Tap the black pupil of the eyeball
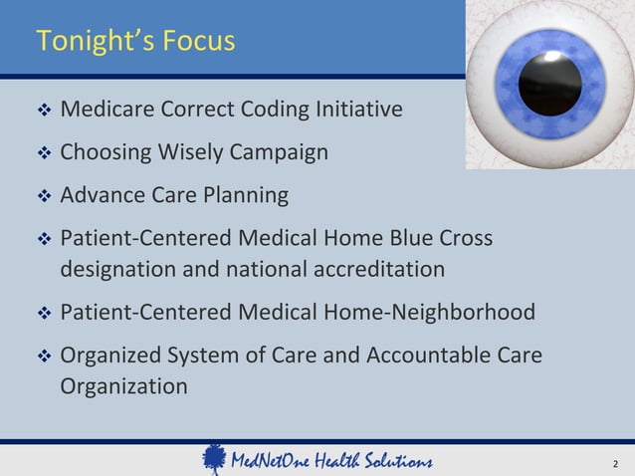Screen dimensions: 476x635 pyautogui.click(x=549, y=83)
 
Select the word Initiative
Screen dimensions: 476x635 pyautogui.click(x=362, y=109)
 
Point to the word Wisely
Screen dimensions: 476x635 pyautogui.click(x=198, y=152)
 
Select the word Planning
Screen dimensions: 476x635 pyautogui.click(x=240, y=196)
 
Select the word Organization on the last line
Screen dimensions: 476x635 pyautogui.click(x=123, y=385)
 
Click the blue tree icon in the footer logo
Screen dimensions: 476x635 pyautogui.click(x=213, y=459)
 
